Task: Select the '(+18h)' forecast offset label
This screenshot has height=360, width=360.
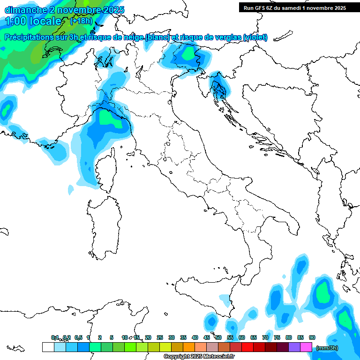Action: point(81,21)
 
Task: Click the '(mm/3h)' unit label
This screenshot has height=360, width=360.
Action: point(328,347)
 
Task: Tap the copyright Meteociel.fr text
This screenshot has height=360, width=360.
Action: point(199,357)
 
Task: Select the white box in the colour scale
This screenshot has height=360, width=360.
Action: point(48,347)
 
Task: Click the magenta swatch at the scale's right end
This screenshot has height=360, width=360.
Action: point(306,347)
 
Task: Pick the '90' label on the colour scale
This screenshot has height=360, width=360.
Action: point(312,337)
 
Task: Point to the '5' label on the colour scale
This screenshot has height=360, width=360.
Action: point(112,337)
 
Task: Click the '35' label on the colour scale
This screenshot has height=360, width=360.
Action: point(183,337)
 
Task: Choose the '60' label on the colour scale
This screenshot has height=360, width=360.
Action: point(242,337)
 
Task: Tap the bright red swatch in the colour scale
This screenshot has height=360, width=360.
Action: point(247,347)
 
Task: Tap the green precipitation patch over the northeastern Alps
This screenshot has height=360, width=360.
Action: point(190,54)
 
